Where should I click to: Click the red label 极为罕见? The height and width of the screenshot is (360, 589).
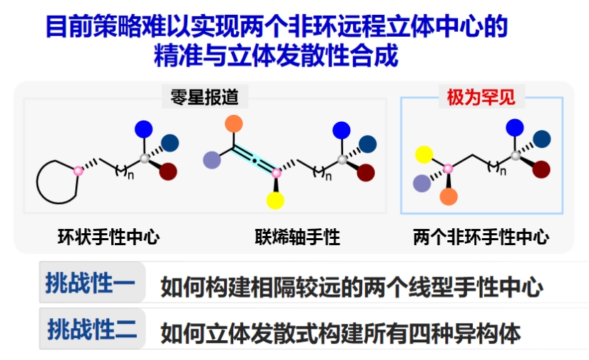[x=481, y=97]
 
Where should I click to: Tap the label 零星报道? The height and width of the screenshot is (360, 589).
[x=205, y=97]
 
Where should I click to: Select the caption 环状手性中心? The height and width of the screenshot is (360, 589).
[x=108, y=237]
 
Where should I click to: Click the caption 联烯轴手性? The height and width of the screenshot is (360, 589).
[x=298, y=237]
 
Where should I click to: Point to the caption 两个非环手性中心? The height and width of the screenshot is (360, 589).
[x=481, y=237]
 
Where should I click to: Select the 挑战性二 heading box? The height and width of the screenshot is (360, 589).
[x=92, y=329]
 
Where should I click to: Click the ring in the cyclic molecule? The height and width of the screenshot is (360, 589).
[x=37, y=182]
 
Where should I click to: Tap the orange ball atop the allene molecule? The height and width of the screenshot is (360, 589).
[x=234, y=124]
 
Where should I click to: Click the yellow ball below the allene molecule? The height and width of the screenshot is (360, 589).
[x=275, y=200]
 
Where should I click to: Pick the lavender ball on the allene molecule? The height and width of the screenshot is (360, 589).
[x=212, y=160]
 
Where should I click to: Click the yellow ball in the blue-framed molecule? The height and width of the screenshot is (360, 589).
[x=424, y=154]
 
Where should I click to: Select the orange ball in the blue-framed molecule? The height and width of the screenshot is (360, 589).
[x=449, y=196]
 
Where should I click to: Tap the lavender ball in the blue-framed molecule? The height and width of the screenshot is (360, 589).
[x=422, y=184]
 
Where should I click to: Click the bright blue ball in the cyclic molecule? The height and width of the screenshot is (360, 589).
[x=143, y=129]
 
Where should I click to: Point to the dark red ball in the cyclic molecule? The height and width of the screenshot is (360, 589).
[x=168, y=171]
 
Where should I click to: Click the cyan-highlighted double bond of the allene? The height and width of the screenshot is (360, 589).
[x=254, y=161]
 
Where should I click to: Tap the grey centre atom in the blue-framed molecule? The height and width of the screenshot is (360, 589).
[x=516, y=155]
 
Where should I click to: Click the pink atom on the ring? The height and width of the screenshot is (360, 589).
[x=78, y=171]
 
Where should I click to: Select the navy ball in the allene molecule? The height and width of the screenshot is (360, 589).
[x=368, y=144]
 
